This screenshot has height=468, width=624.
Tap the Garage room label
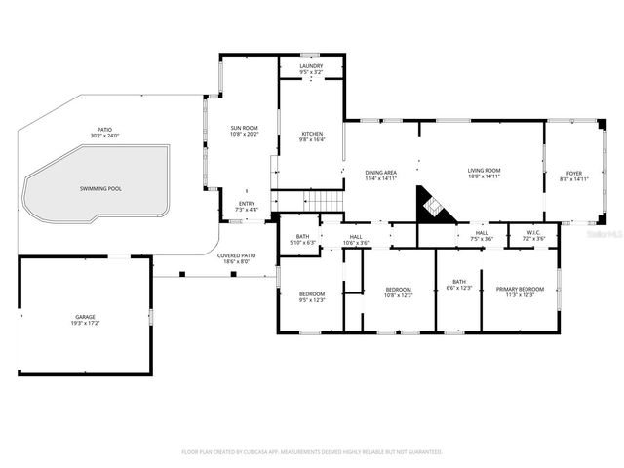85,316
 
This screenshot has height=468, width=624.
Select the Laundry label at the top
311,66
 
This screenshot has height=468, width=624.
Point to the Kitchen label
311,134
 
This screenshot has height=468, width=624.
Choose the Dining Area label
381,171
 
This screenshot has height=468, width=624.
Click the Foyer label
574,173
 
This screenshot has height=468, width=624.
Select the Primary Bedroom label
520,290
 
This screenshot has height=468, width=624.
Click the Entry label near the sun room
246,204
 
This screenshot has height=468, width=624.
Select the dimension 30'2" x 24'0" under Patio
104,136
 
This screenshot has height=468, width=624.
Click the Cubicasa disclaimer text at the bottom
311,452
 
